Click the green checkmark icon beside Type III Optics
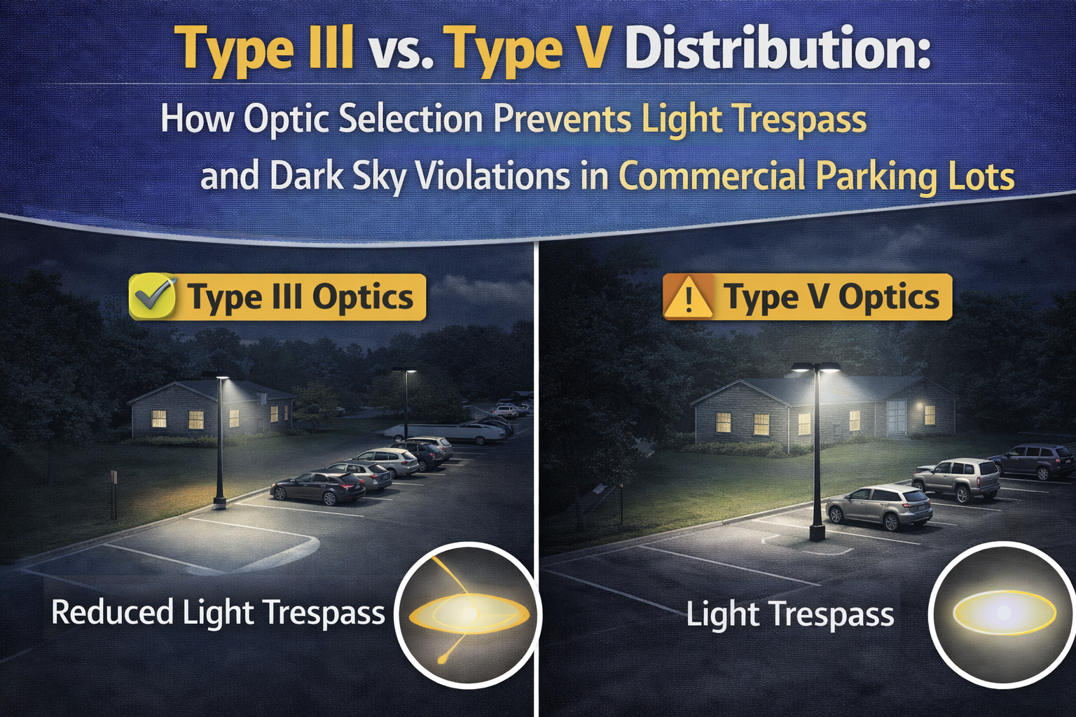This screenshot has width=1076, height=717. tap(153, 296)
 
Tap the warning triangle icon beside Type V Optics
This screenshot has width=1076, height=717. tap(689, 298)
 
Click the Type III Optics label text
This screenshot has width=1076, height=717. tap(301, 298)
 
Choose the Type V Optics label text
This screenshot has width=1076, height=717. tap(832, 298)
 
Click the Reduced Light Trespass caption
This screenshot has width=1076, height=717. tap(218, 613)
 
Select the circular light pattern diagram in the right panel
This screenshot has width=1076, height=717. tap(1004, 613)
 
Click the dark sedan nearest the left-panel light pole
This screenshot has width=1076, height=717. tap(319, 487)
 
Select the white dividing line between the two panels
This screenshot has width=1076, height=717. tap(536, 476)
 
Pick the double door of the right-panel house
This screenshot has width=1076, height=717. tap(896, 417)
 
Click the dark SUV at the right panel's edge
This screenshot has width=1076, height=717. tap(1033, 460)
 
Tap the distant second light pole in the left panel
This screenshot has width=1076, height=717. tap(406, 403)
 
